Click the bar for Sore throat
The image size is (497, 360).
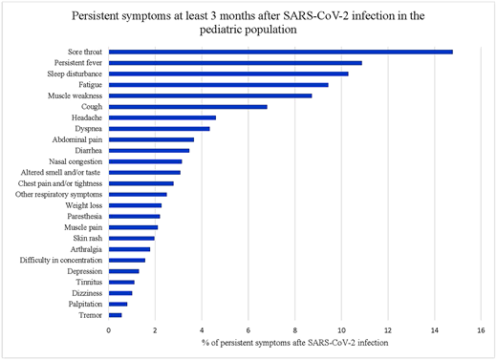click(280, 52)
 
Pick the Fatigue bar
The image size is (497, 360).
click(218, 85)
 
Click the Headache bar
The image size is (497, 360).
click(162, 117)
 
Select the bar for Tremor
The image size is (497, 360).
click(115, 314)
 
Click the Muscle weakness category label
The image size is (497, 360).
click(76, 95)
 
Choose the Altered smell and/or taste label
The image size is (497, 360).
click(60, 172)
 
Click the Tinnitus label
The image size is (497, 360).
click(89, 282)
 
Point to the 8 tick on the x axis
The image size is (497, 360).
click(294, 329)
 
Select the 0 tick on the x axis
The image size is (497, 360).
click(108, 329)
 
